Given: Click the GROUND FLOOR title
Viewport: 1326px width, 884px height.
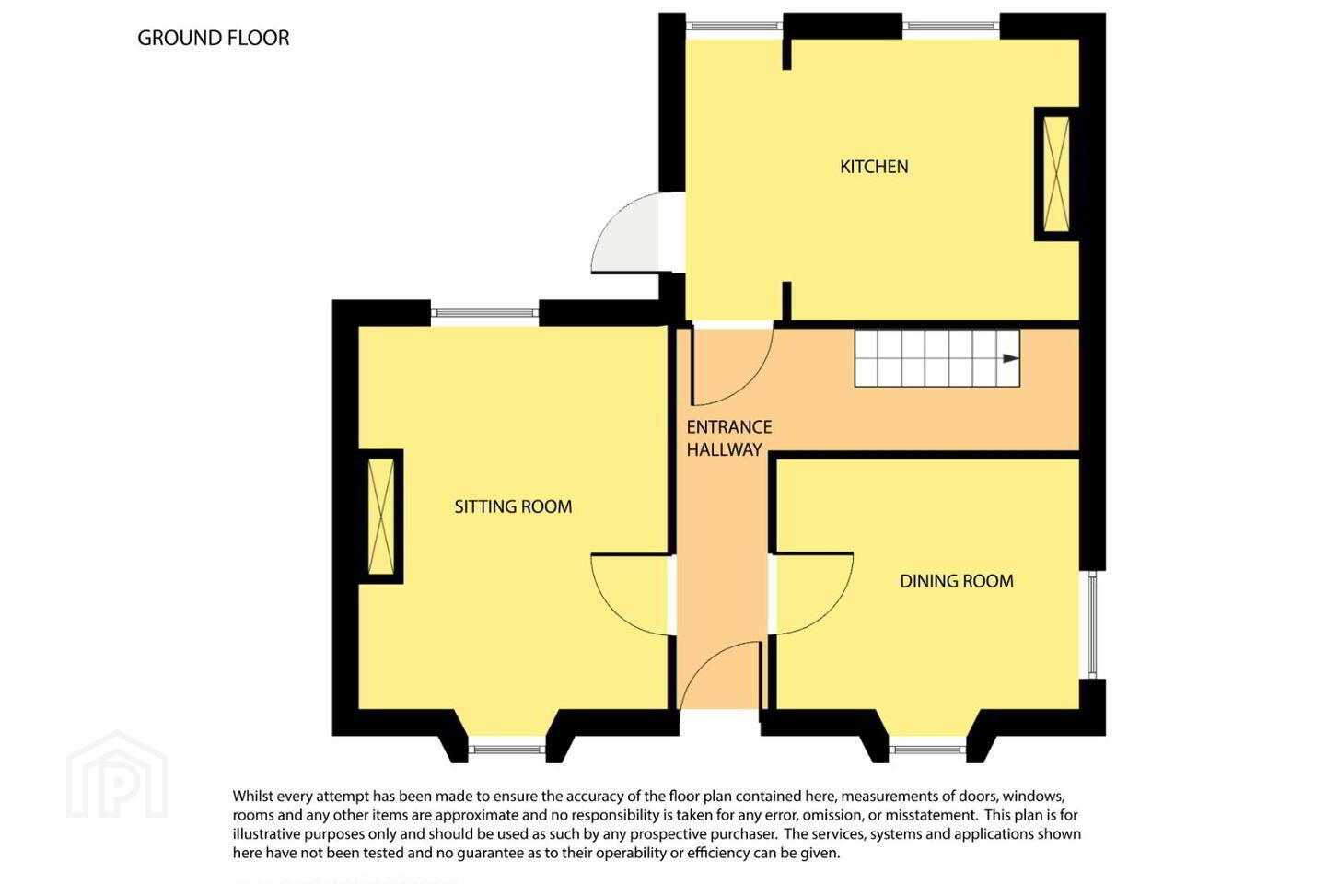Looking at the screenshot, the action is tap(213, 38).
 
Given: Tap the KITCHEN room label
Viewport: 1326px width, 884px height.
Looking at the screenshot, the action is tap(874, 167).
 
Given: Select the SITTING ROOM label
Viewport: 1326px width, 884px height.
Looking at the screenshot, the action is tap(513, 506).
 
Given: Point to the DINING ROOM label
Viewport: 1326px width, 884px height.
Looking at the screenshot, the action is tap(957, 581).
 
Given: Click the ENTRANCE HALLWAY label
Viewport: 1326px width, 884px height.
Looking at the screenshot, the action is tap(728, 438).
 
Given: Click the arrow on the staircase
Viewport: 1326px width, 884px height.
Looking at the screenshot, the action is tap(1010, 358).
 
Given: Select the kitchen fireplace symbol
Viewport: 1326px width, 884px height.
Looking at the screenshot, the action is tap(1057, 174).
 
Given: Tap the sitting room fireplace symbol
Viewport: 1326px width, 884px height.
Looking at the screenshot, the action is tap(381, 517).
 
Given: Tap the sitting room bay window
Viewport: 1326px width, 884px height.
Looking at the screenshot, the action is tap(507, 750).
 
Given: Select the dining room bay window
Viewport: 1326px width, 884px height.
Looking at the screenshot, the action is tap(927, 750).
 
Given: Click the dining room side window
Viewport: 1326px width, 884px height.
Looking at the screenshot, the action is tap(1093, 624).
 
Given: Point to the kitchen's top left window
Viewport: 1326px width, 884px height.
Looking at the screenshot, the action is tap(734, 26).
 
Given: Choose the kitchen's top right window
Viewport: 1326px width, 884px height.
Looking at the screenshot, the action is tap(951, 26).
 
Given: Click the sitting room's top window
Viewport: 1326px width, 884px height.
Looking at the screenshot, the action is tap(484, 313).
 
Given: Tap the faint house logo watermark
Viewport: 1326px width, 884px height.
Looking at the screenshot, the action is tap(117, 775).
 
